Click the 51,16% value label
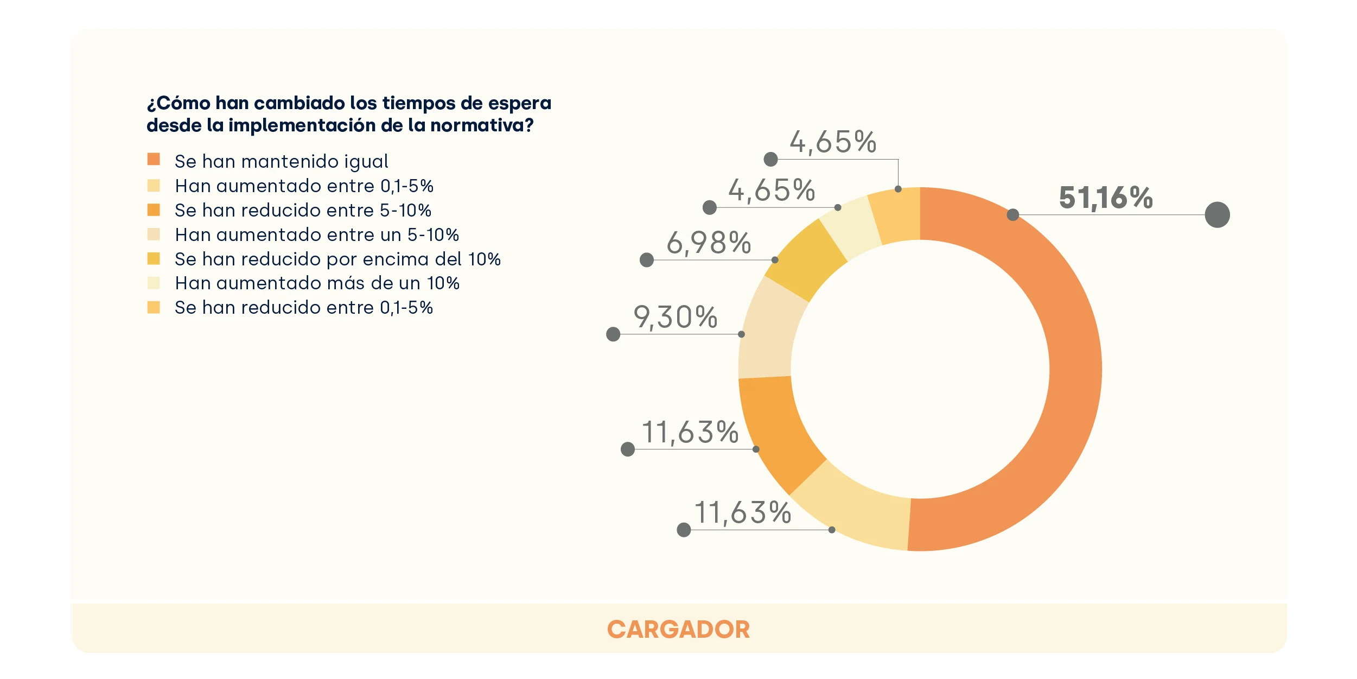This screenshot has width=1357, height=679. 1105,198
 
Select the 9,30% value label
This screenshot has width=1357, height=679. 676,317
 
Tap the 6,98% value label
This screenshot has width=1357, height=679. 709,243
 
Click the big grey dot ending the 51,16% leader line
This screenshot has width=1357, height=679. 1217,215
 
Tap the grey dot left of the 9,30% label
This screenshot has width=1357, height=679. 613,334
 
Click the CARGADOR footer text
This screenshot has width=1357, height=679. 678,630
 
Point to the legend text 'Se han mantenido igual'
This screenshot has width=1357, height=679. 281,161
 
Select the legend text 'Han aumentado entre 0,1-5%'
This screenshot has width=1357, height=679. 304,186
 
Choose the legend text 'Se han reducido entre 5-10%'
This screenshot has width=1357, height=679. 303,210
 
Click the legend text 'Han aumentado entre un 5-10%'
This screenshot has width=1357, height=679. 317,234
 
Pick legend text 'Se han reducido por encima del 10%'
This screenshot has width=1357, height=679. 337,259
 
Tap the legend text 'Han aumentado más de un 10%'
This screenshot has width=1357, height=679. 317,283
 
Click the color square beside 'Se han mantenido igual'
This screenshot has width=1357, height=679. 154,159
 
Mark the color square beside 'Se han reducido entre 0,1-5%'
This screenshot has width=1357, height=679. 154,308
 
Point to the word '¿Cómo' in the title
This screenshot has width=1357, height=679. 178,103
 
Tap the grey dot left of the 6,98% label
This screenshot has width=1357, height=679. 647,260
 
